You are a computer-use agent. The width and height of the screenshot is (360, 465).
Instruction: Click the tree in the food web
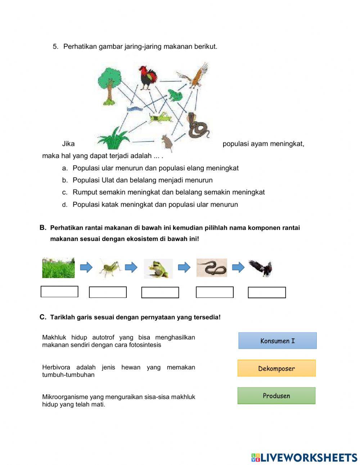109,87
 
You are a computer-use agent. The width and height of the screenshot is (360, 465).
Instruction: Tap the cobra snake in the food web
197,126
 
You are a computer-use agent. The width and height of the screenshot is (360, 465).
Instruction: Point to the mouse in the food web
167,142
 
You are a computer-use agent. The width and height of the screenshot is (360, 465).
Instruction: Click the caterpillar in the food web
134,108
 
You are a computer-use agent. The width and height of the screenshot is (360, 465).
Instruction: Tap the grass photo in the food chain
58,268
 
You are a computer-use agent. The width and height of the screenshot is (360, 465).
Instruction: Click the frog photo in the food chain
158,269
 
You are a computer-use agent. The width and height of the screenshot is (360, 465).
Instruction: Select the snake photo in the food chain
212,268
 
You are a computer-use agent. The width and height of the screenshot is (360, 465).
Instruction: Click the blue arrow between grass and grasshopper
86,267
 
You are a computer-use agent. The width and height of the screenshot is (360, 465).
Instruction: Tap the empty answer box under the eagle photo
267,292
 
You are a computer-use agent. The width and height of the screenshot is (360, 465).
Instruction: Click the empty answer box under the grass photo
59,291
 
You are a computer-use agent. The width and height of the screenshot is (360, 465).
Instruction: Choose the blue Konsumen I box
277,341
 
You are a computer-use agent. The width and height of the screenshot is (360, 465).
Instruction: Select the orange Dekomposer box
276,368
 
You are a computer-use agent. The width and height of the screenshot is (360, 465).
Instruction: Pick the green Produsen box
276,395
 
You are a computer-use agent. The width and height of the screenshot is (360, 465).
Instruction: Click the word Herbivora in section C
56,367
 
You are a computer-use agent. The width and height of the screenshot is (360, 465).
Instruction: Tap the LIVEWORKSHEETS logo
304,457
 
